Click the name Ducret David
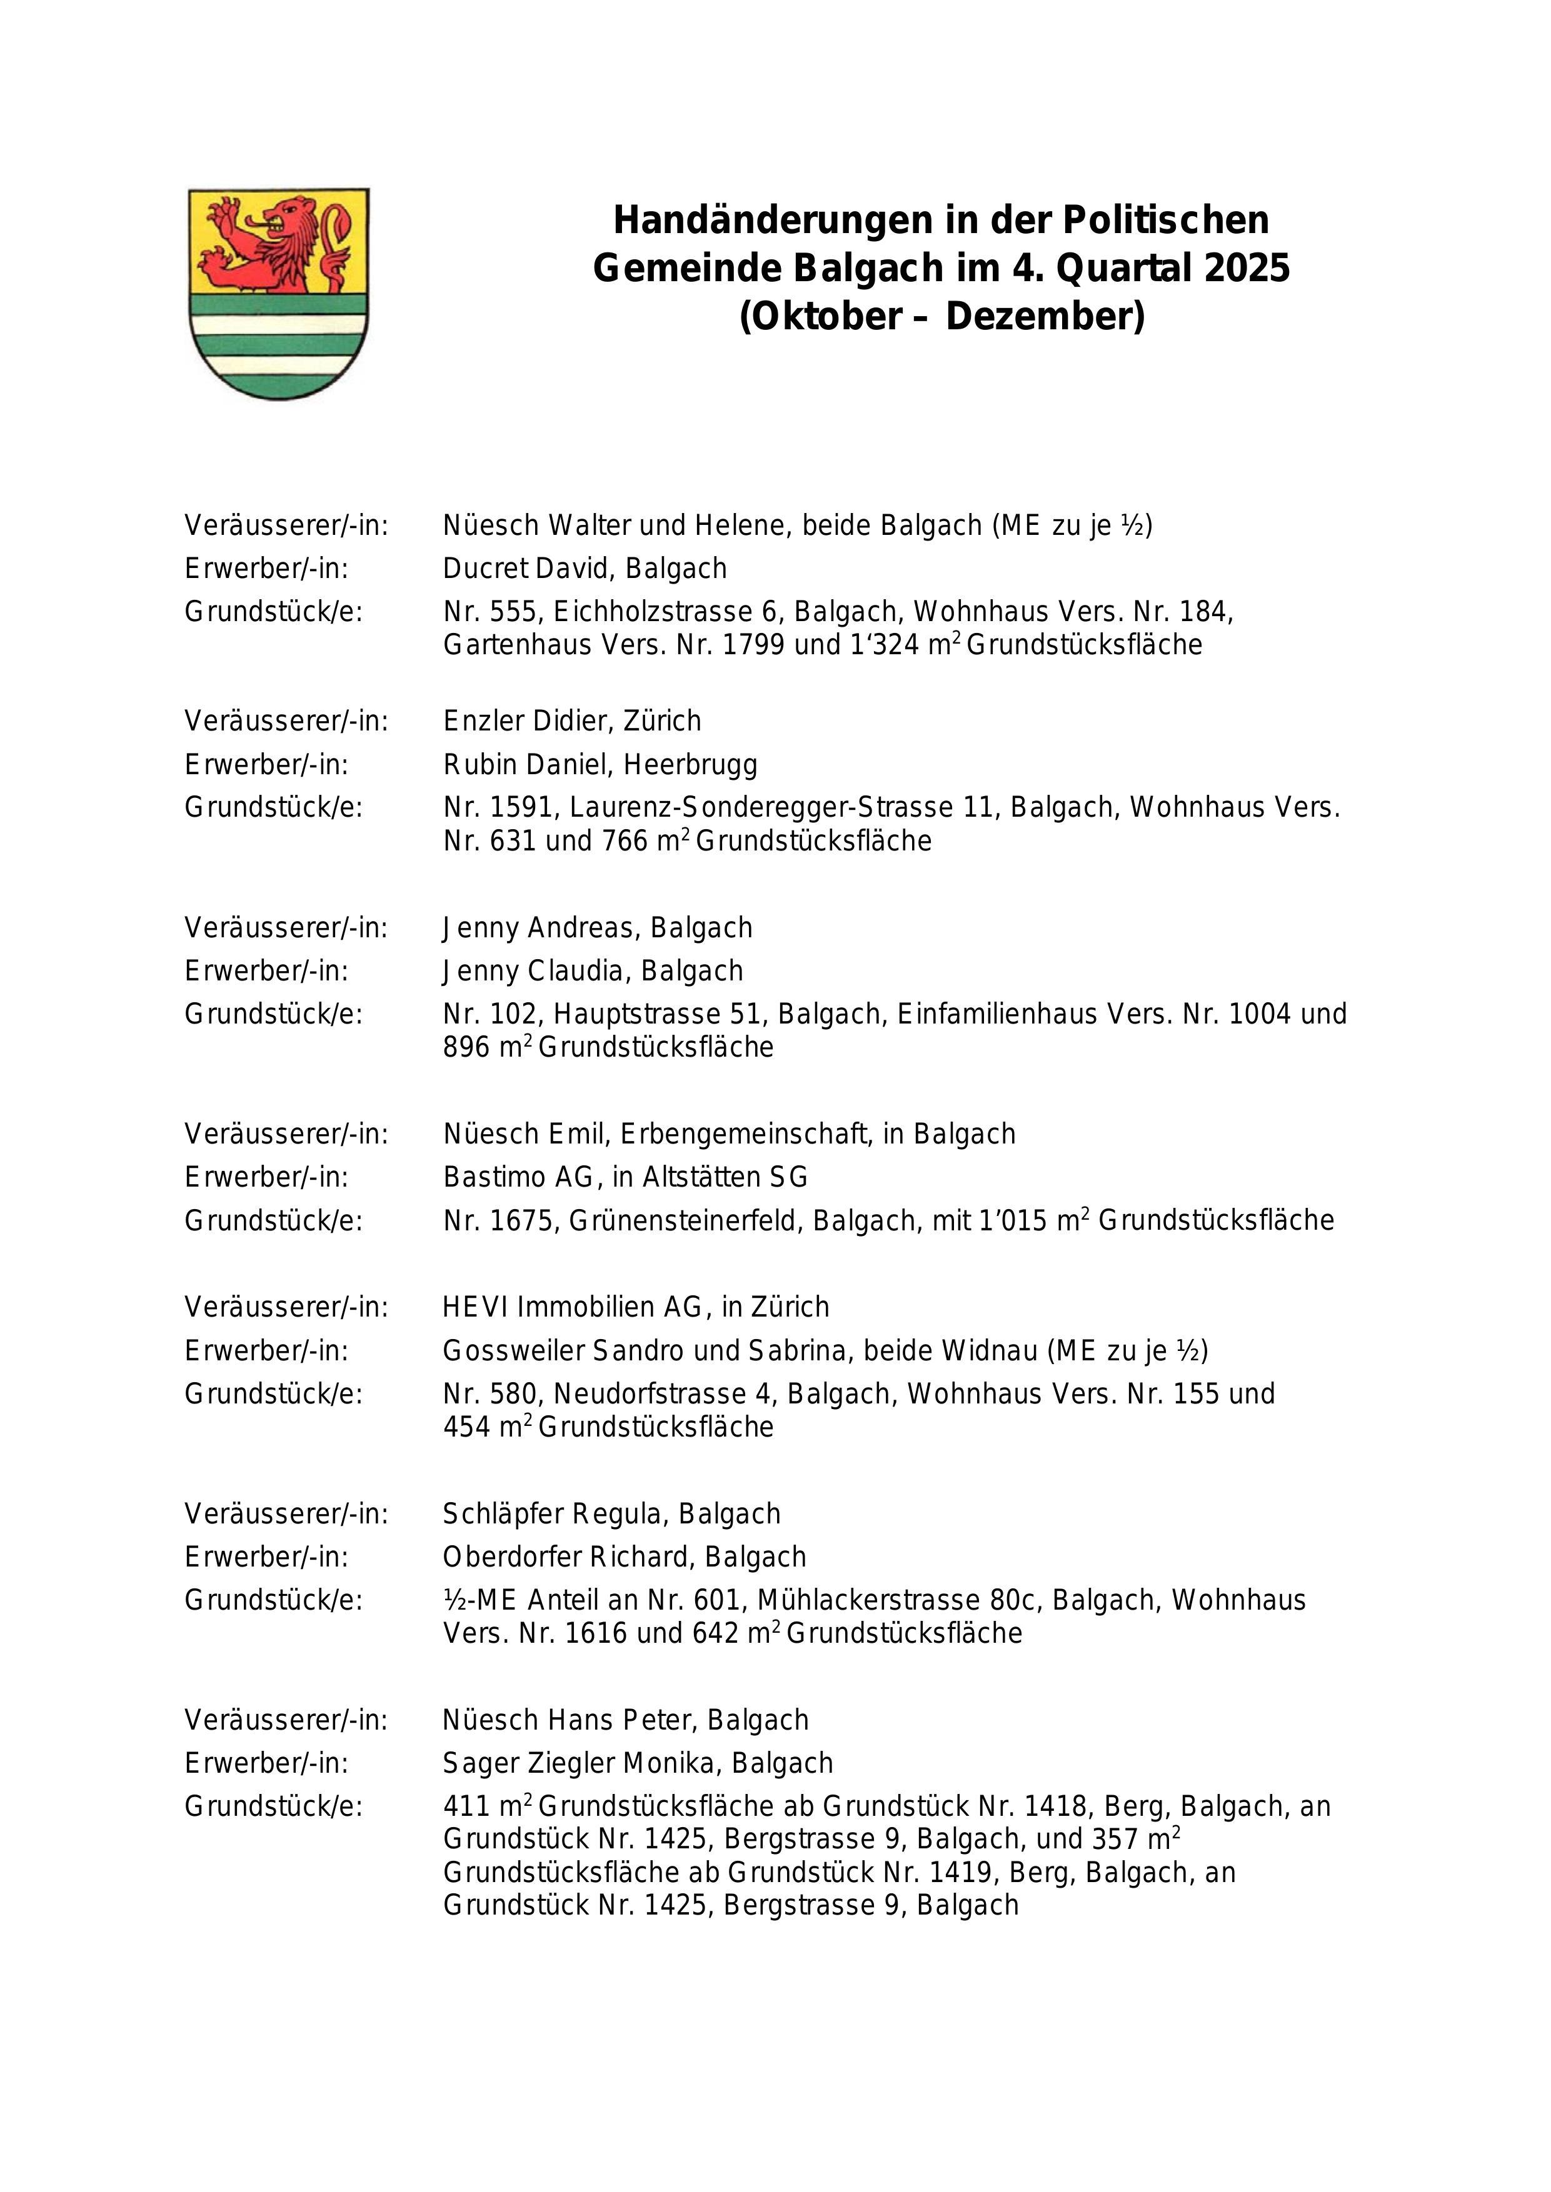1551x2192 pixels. [x=530, y=569]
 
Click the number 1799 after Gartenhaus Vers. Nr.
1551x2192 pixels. [x=755, y=645]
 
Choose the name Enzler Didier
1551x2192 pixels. [x=528, y=721]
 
